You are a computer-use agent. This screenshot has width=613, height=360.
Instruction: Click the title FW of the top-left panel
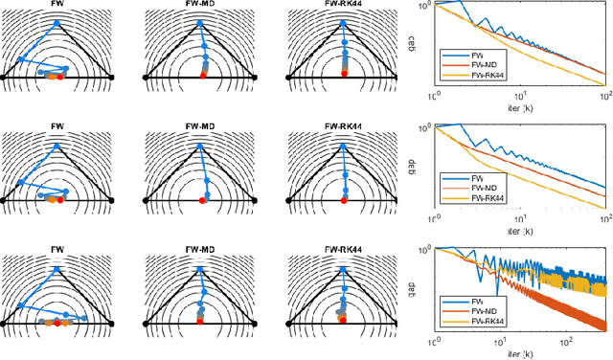coord(57,5)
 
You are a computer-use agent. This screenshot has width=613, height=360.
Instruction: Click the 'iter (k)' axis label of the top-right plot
coord(520,109)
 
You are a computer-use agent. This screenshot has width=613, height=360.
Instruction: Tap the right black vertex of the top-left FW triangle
coord(112,77)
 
